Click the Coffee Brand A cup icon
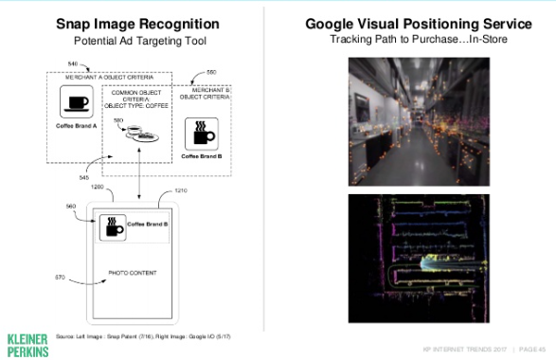(x=75, y=101)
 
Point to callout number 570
(x=61, y=278)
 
